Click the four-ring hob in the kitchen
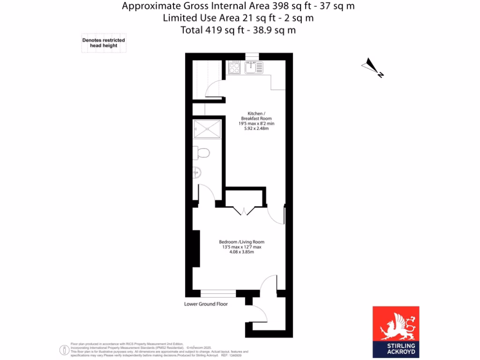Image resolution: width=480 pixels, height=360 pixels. [x=234, y=68]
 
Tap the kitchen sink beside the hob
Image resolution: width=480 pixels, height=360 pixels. [x=254, y=68]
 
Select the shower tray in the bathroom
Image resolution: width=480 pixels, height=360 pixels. [x=206, y=129]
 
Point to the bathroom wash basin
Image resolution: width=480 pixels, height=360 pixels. [x=196, y=173]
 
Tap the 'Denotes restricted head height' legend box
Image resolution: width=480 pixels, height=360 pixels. [x=104, y=44]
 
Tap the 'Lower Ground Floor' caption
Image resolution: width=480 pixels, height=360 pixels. [x=206, y=304]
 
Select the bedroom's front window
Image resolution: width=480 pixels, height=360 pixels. [x=218, y=293]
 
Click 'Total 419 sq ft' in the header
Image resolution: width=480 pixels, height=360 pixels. [x=238, y=30]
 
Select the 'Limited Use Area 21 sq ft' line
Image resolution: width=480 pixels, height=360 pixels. [x=238, y=18]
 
